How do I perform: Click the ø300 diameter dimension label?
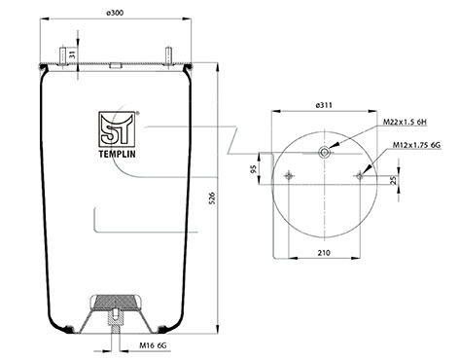pyautogui.click(x=115, y=13)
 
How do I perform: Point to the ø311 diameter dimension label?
pyautogui.click(x=324, y=105)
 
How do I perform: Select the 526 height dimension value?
pyautogui.click(x=212, y=198)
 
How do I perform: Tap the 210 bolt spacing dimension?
pyautogui.click(x=324, y=252)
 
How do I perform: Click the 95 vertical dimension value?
pyautogui.click(x=254, y=169)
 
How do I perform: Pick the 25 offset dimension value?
pyautogui.click(x=394, y=180)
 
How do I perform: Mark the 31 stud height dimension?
pyautogui.click(x=73, y=54)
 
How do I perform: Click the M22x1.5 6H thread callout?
pyautogui.click(x=405, y=122)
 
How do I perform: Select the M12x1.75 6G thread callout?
pyautogui.click(x=417, y=145)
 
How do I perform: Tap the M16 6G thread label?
pyautogui.click(x=153, y=345)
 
